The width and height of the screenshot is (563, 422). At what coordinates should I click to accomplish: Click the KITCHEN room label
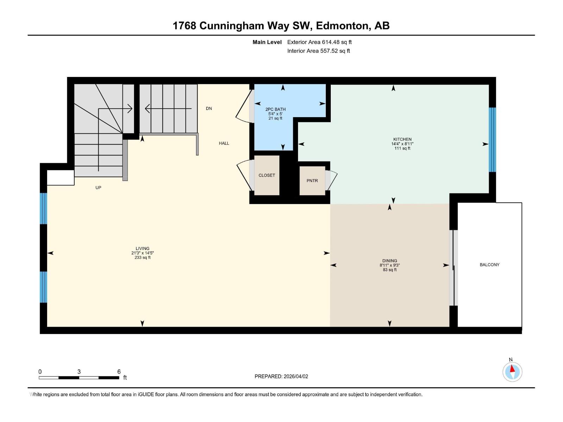(x=402, y=139)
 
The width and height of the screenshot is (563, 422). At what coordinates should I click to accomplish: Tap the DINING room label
(x=390, y=261)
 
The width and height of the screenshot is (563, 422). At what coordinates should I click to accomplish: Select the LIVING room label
(x=143, y=248)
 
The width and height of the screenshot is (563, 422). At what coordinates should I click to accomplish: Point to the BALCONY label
(x=489, y=265)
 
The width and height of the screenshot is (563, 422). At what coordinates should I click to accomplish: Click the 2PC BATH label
(x=275, y=109)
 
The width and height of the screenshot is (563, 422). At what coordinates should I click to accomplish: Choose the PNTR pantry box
(x=312, y=181)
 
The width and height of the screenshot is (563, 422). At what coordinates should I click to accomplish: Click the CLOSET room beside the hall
(x=267, y=175)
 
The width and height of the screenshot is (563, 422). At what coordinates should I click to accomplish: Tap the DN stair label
(x=209, y=108)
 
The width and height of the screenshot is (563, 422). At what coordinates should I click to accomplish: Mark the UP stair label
(x=98, y=188)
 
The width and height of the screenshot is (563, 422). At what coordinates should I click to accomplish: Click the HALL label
(x=224, y=143)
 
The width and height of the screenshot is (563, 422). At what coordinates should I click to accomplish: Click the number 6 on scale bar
(x=119, y=372)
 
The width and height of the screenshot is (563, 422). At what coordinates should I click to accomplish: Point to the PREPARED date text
(x=281, y=376)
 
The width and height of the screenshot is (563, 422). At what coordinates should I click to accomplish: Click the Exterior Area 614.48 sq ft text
(x=319, y=42)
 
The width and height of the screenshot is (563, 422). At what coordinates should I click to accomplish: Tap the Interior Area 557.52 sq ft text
(x=318, y=51)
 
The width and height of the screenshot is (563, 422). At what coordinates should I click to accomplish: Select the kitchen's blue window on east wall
(x=492, y=140)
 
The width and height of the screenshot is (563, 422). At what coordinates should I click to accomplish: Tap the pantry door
(x=331, y=180)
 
